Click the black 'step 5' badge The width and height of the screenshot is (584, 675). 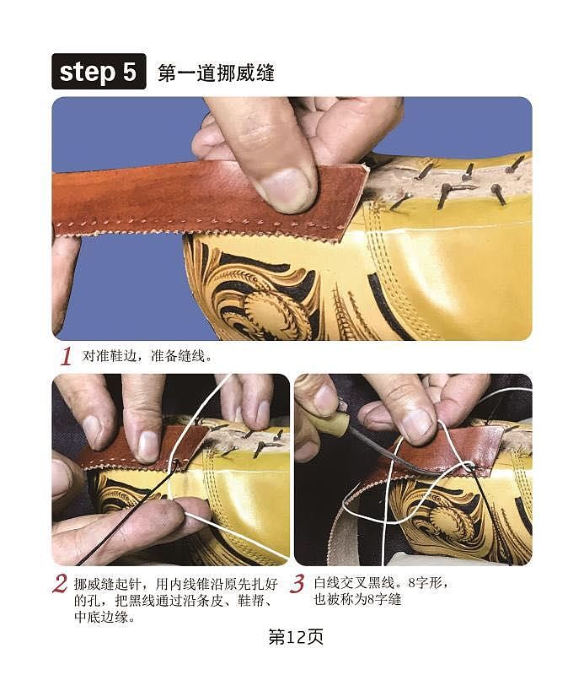(x=98, y=73)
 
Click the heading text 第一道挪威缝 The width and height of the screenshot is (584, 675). (x=216, y=73)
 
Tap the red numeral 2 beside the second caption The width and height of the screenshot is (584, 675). (x=60, y=583)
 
